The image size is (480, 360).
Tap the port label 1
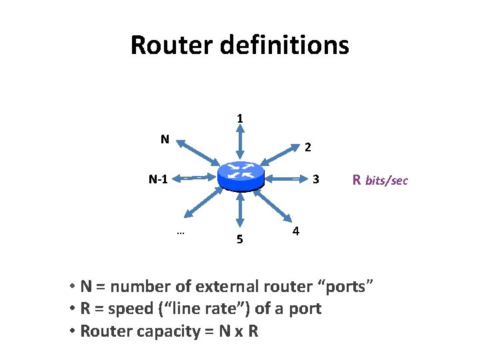coord(240,119)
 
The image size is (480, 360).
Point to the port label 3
coord(317,179)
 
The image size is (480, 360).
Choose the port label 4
coord(296,231)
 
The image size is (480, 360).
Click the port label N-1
coord(159,179)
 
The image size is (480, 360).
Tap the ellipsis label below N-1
coord(180,232)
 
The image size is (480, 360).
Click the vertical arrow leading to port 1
coord(240,143)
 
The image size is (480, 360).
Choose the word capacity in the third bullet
coord(154,331)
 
